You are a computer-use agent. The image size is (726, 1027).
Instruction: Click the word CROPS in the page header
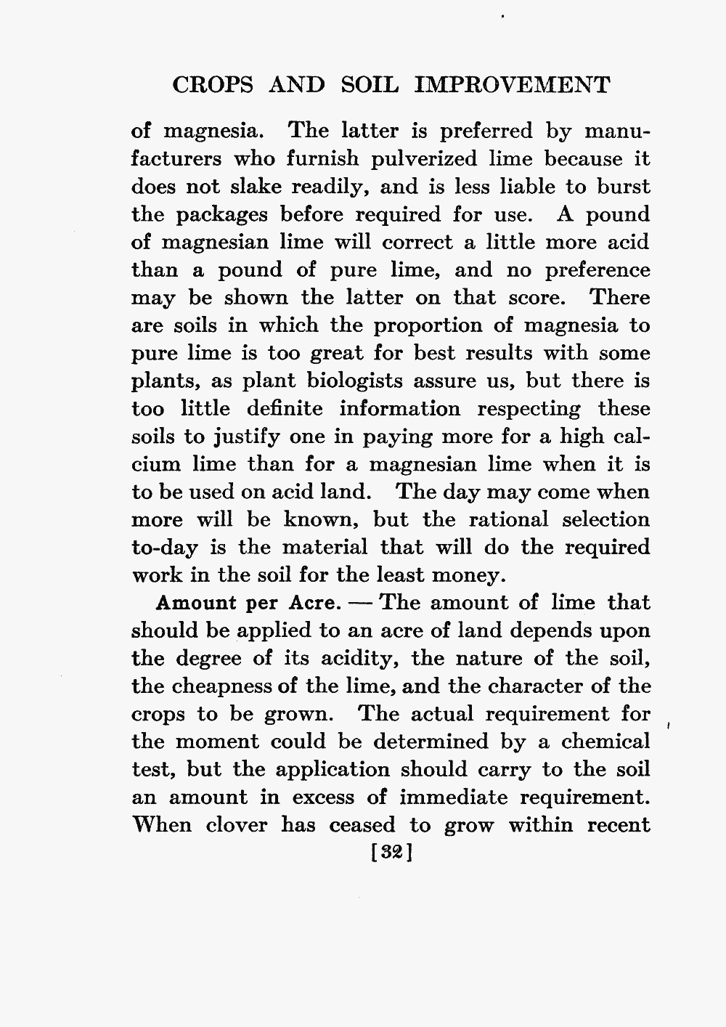point(211,86)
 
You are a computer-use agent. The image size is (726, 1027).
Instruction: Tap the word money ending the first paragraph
point(468,576)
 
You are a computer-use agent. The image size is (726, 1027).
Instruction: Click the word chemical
point(607,742)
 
